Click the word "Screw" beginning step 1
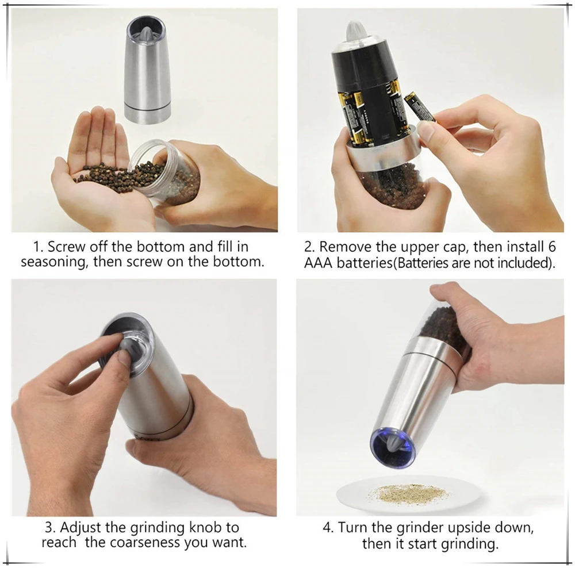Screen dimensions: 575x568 point(66,247)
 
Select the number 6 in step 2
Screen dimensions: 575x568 point(552,247)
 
